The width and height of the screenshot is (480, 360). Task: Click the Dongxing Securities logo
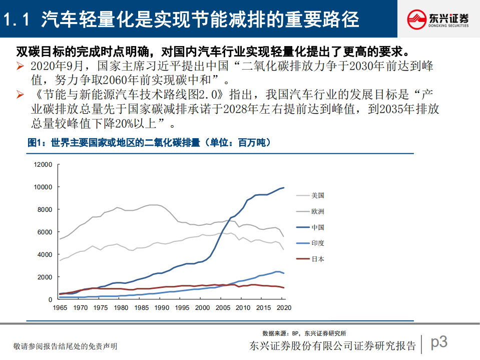[438, 19]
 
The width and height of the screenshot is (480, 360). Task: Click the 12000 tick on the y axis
[43, 164]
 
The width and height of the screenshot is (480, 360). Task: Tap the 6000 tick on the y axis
[44, 232]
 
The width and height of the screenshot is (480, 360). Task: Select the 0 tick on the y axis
[50, 299]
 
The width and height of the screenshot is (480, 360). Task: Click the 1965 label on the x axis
[60, 308]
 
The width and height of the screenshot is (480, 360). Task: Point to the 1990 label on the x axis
[162, 308]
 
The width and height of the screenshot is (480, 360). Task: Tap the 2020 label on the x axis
[284, 308]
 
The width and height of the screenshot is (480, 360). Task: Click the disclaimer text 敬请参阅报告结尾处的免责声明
[66, 346]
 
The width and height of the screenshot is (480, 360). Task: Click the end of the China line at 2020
[284, 188]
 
